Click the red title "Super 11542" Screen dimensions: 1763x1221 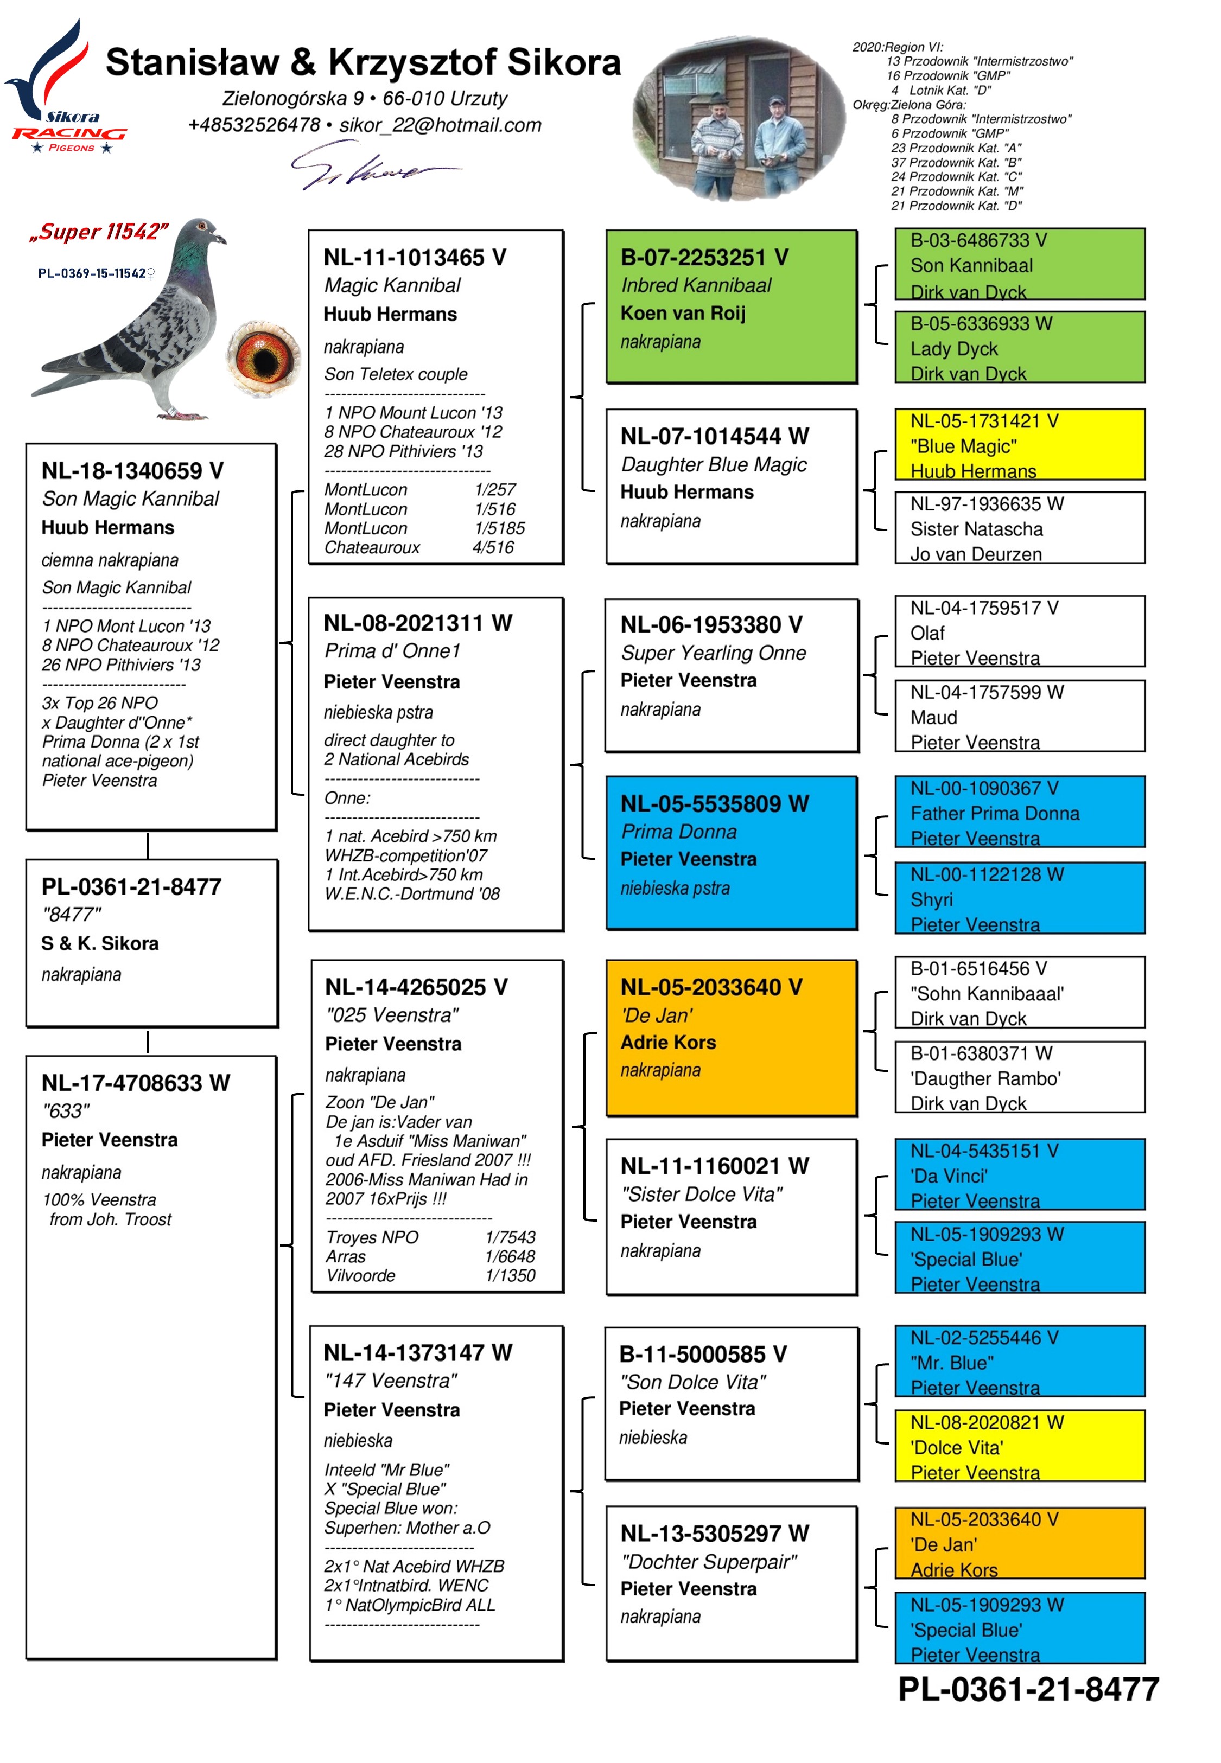pyautogui.click(x=98, y=232)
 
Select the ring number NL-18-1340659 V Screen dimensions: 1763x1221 pyautogui.click(x=131, y=471)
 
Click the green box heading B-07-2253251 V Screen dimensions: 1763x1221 pyautogui.click(x=704, y=258)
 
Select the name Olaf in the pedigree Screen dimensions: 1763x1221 pyautogui.click(x=927, y=633)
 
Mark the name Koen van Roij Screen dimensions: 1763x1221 pyautogui.click(x=683, y=314)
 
